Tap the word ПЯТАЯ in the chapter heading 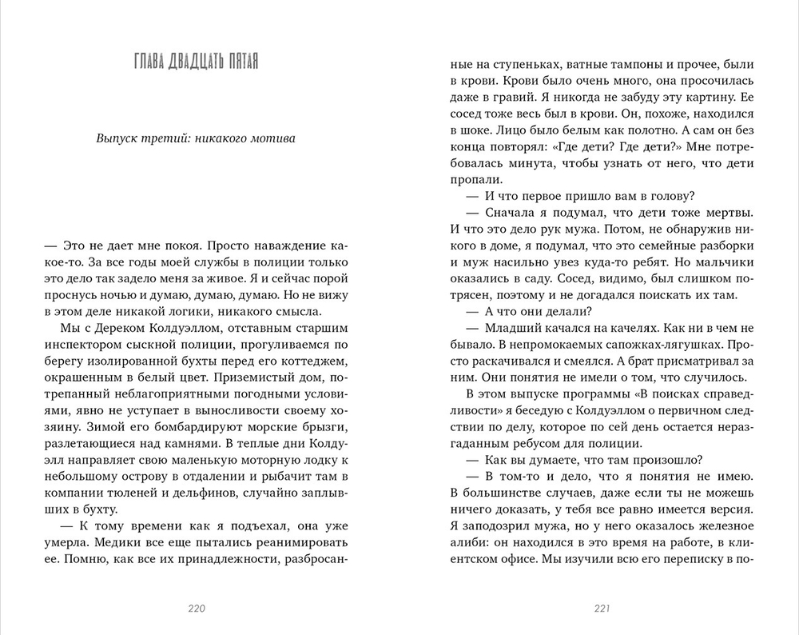[240, 62]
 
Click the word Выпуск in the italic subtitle [117, 138]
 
